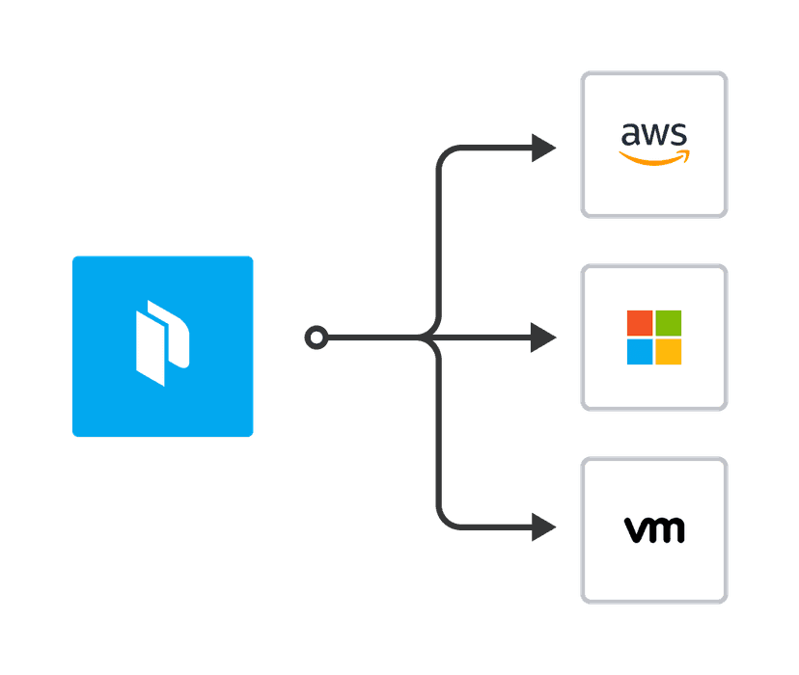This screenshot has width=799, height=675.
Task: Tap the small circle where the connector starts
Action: coord(316,338)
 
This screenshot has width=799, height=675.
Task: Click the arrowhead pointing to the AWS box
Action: coord(545,148)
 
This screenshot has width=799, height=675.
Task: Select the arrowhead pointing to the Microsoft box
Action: coord(545,338)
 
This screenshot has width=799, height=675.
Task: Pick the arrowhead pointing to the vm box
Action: coord(545,527)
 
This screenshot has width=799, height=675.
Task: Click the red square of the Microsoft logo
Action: coord(640,323)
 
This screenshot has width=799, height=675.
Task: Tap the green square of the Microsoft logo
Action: coord(669,323)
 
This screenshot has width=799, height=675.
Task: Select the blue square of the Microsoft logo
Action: coord(640,352)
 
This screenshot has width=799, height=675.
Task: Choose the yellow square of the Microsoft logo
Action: coord(669,352)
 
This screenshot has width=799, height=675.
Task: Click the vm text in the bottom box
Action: coord(654,529)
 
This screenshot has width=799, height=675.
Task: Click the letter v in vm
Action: coord(636,529)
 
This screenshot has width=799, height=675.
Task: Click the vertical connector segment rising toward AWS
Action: coord(440,241)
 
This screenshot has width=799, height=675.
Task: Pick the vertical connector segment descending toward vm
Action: coord(440,434)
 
